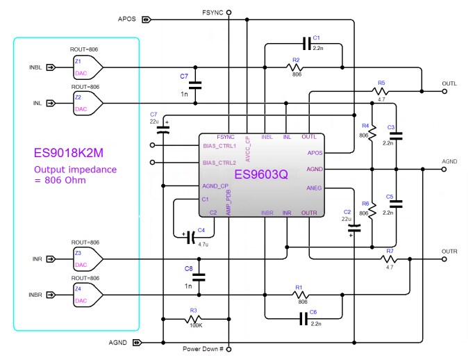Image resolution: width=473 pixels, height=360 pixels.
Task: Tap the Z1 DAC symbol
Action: tap(88, 67)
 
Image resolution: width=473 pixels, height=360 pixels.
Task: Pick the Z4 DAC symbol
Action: tap(88, 295)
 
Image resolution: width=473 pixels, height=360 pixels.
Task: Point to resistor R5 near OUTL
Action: tap(381, 91)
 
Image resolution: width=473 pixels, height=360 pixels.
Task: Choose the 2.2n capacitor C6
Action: tap(304, 320)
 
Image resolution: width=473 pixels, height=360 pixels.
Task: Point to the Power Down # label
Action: tap(204, 349)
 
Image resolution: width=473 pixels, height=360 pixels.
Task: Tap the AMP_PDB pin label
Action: tap(229, 202)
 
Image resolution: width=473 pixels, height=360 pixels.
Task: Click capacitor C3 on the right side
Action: tap(395, 136)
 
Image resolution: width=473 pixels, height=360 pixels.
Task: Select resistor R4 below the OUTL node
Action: tap(372, 131)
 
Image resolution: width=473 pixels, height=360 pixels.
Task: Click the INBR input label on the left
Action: tap(35, 295)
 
